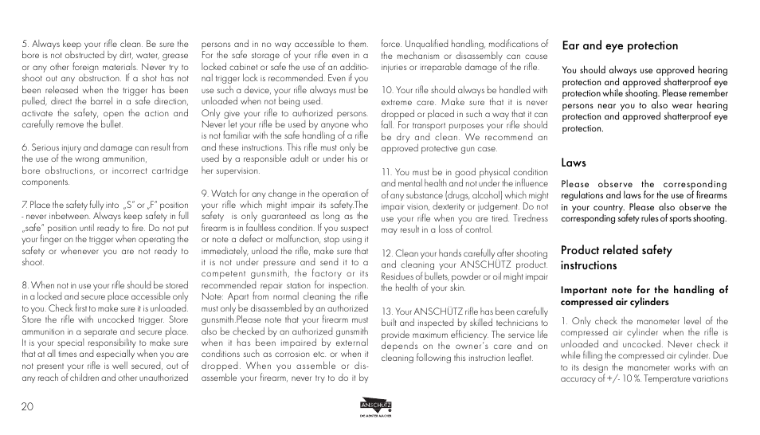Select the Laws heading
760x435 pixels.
pos(574,163)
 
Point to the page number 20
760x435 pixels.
pos(28,406)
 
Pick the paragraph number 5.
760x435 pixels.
pos(25,44)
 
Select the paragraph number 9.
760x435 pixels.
pos(204,194)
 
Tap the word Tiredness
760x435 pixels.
pos(530,218)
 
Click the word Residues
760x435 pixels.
pos(398,276)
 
